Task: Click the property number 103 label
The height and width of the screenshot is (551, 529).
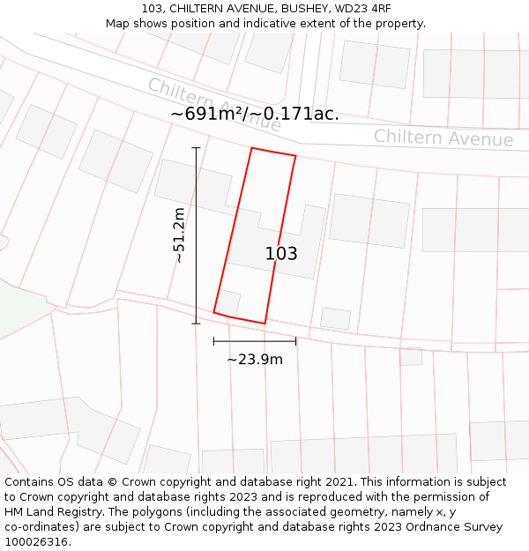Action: pyautogui.click(x=281, y=254)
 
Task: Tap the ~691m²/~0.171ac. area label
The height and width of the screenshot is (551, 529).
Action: pyautogui.click(x=255, y=115)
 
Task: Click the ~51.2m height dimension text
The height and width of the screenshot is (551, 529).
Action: pyautogui.click(x=179, y=235)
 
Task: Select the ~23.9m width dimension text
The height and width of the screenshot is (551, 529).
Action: pyautogui.click(x=255, y=360)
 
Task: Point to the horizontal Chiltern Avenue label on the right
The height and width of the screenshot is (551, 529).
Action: pyautogui.click(x=443, y=138)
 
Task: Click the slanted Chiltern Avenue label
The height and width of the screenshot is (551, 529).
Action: pyautogui.click(x=214, y=105)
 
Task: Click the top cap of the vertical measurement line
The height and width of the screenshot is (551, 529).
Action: pyautogui.click(x=196, y=148)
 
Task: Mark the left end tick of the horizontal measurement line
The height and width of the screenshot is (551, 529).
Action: pyautogui.click(x=214, y=341)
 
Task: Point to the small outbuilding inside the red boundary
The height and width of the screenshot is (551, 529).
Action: pyautogui.click(x=228, y=302)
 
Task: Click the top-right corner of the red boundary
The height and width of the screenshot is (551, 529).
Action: pyautogui.click(x=295, y=157)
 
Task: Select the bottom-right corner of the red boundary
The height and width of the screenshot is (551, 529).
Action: pyautogui.click(x=264, y=324)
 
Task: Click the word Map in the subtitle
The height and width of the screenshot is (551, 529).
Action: pyautogui.click(x=118, y=24)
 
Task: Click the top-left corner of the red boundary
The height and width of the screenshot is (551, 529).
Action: pyautogui.click(x=252, y=148)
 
